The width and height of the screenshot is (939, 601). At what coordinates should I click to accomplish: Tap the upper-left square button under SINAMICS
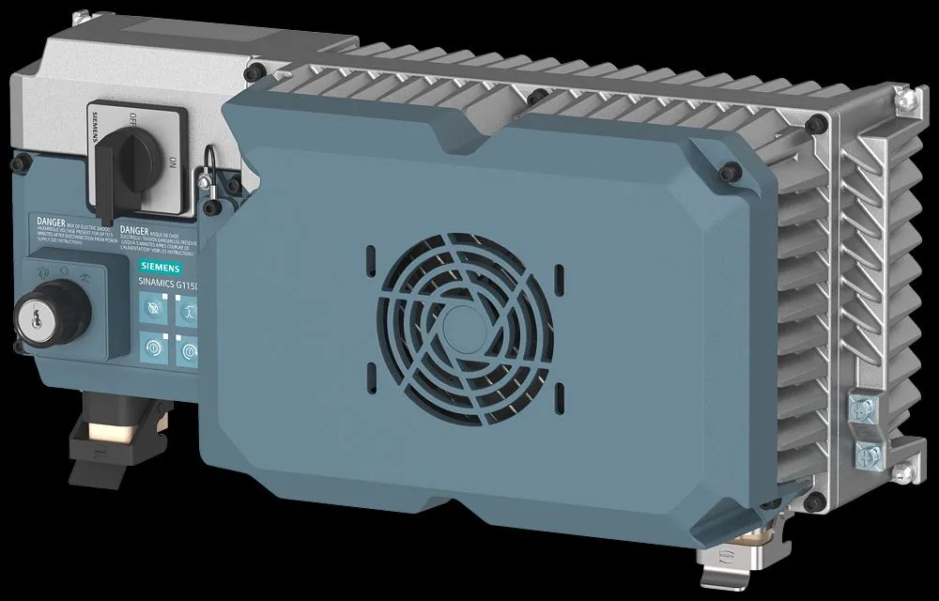(150, 308)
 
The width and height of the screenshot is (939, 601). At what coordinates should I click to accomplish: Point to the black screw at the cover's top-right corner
(731, 170)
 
